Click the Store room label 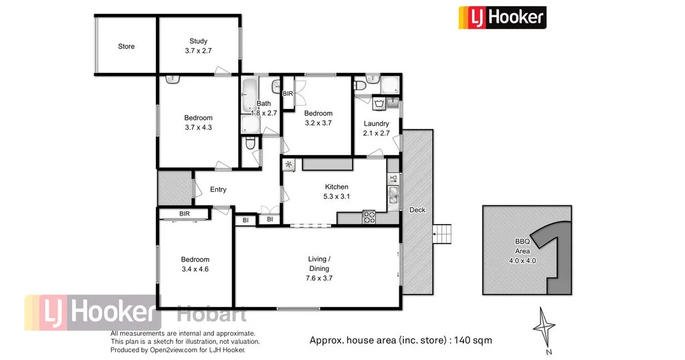[126, 46]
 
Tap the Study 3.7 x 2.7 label [198, 46]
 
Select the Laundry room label [376, 128]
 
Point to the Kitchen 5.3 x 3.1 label [336, 191]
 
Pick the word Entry [218, 189]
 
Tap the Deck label [417, 210]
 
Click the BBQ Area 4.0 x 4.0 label [522, 251]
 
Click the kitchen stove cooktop [369, 217]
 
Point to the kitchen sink [393, 196]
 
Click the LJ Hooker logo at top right [502, 17]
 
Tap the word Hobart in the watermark [211, 314]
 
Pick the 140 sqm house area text [401, 340]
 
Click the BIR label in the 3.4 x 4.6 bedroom [185, 213]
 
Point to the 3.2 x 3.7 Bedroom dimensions [318, 122]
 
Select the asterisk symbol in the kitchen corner [289, 164]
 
